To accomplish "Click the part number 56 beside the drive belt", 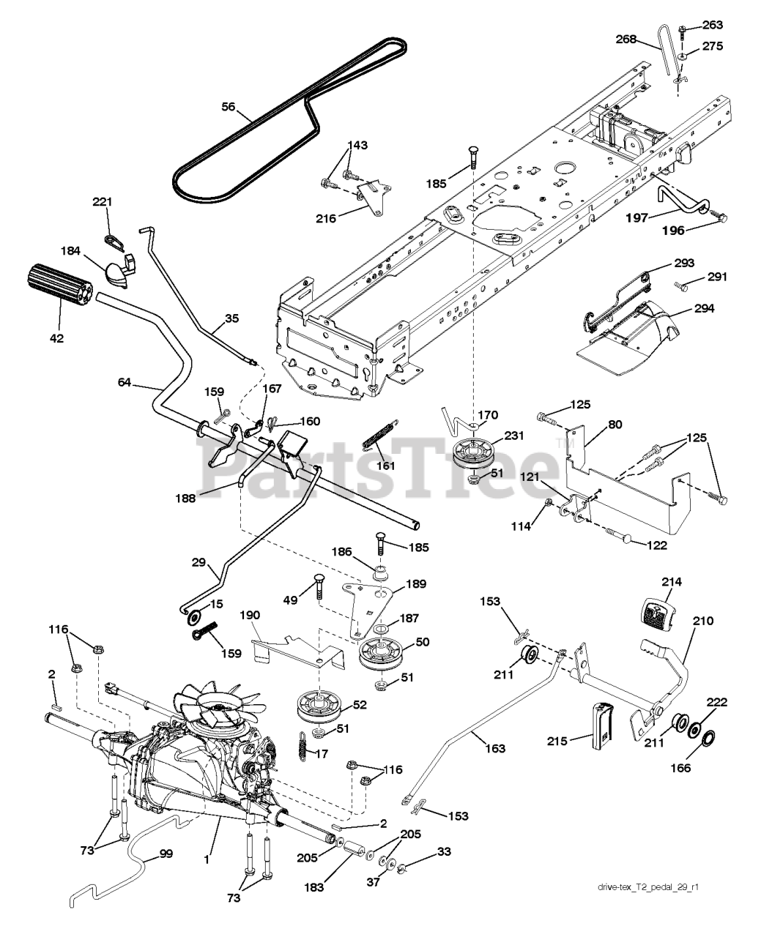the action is click(x=229, y=107).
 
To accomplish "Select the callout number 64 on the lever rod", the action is click(x=125, y=382).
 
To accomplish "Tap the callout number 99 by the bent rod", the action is click(x=166, y=854).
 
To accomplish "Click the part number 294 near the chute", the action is click(x=704, y=308).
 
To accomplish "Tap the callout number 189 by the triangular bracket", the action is click(x=416, y=584).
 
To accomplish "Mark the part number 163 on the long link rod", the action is click(x=495, y=748).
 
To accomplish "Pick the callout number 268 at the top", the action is click(x=626, y=39).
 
